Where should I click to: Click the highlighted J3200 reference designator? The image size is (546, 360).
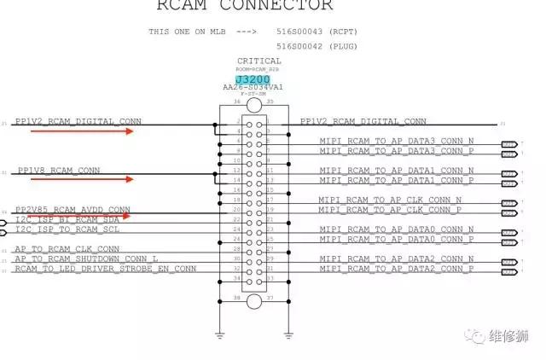254,78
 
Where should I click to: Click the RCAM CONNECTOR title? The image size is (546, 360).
244,6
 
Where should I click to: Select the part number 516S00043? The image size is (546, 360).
299,31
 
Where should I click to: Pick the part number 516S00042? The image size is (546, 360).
299,47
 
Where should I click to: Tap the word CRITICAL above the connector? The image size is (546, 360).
258,61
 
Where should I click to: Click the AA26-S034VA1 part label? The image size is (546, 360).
253,87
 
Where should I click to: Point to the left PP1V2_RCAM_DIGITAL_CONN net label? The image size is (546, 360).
80,121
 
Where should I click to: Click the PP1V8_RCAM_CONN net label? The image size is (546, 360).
59,171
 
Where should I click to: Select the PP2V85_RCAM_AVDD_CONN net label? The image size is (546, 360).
73,209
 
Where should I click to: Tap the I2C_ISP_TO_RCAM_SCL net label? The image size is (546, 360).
67,229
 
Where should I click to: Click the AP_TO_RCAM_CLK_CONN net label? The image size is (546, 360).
67,249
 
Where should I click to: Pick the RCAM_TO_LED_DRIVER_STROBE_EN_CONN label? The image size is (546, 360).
105,269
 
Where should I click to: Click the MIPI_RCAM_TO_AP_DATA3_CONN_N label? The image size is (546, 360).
397,141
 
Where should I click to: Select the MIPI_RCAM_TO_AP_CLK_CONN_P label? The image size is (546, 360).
390,209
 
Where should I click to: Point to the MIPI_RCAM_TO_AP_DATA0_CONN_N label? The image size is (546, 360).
397,229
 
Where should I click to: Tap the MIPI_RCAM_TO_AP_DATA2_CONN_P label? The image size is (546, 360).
397,269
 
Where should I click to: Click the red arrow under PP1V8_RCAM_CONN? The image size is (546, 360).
103,180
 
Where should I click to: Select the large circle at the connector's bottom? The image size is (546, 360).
253,300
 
